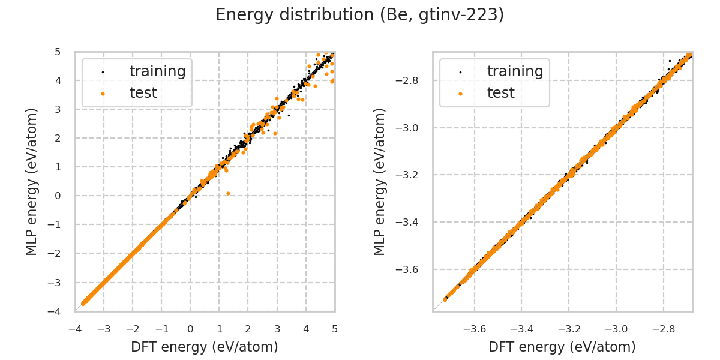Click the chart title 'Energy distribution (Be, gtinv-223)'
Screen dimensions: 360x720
tap(359, 15)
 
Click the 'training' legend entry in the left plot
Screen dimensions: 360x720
tap(157, 71)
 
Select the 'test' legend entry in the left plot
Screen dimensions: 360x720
tap(143, 93)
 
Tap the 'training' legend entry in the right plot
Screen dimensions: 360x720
tap(515, 71)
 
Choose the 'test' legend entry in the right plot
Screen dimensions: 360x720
tap(501, 93)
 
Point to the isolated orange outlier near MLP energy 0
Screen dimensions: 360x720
tap(228, 193)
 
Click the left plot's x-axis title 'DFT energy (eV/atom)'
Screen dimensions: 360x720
tap(205, 347)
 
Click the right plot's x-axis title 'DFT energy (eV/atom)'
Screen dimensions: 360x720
tap(562, 347)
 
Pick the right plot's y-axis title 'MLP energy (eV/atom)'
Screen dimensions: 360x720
tap(380, 181)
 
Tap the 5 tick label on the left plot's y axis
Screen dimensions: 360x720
tap(57, 52)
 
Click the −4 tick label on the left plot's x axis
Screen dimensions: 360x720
tap(75, 329)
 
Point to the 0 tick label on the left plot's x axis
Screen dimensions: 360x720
tap(190, 329)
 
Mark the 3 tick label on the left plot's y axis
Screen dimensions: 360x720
tap(57, 110)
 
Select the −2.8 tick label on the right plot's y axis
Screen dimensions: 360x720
tap(412, 81)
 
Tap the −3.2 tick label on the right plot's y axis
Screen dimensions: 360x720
tap(412, 175)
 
